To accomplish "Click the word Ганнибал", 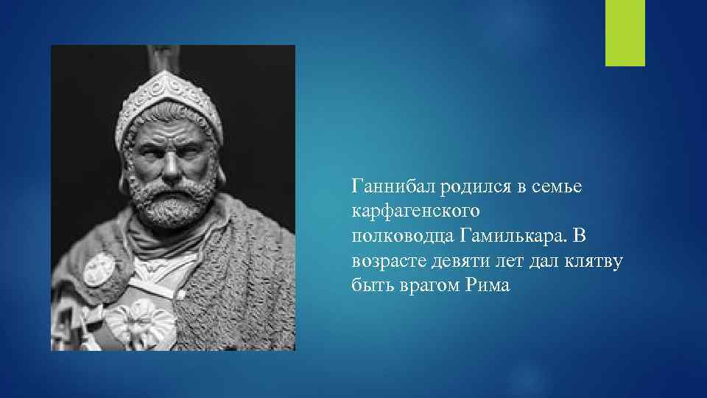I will point(394,187).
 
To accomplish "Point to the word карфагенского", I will point(417,212).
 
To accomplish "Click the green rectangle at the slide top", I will point(625,33).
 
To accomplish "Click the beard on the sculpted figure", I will point(171,203).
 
